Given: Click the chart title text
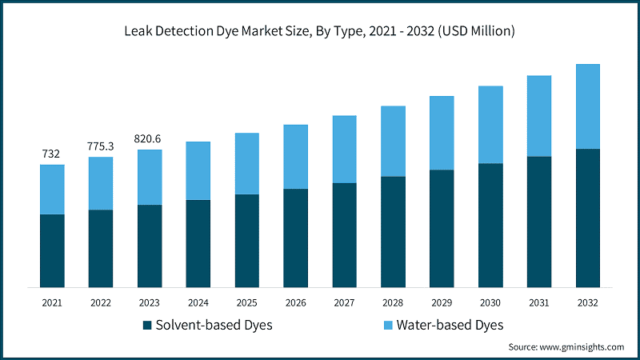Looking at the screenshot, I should (x=320, y=31).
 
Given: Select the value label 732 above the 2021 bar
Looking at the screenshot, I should (x=52, y=154).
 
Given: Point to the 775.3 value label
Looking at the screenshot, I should (x=101, y=146).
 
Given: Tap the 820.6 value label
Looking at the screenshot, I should (x=150, y=138).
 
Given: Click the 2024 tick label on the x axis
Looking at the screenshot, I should (x=198, y=303).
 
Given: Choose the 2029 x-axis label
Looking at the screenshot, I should (x=442, y=303).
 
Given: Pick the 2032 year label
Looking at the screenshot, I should (x=588, y=303).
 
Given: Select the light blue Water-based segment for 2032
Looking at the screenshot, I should (x=588, y=106).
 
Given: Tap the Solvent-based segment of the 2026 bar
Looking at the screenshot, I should (x=295, y=238).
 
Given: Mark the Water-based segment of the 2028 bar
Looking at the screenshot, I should (x=393, y=141).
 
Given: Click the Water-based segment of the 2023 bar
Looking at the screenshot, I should (x=150, y=177).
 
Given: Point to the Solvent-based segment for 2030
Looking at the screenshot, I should (x=490, y=225).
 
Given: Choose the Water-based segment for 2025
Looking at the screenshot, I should (x=246, y=163).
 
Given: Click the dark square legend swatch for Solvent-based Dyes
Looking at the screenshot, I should (x=146, y=326).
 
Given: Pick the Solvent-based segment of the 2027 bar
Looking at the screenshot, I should (x=344, y=234).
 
